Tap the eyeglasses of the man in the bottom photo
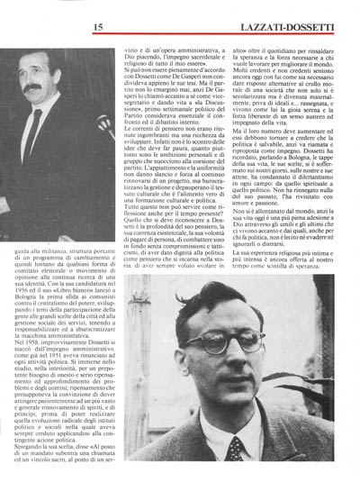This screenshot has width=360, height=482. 236,347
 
